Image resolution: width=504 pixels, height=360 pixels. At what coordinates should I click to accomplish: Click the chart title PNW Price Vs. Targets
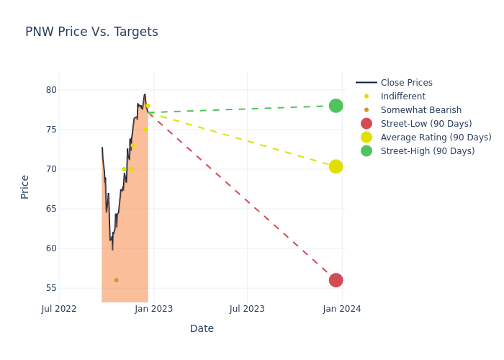[x=91, y=32]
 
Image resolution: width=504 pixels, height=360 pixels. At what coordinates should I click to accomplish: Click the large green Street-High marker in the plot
[x=336, y=106]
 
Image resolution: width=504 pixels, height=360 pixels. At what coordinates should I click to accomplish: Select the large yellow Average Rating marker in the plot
[x=336, y=166]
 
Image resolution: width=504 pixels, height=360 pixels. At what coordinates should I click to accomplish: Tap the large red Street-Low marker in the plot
[x=336, y=280]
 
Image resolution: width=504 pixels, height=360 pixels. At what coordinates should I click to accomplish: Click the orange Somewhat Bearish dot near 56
[x=116, y=280]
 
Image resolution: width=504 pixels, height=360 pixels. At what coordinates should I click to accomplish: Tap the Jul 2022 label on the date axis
[x=59, y=309]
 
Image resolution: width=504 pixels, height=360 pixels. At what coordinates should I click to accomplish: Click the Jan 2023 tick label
[x=153, y=309]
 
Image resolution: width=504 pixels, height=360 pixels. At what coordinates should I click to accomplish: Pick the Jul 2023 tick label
[x=247, y=309]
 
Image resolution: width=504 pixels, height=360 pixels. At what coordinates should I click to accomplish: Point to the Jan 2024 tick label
[x=342, y=309]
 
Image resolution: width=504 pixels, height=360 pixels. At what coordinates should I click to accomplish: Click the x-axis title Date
[x=202, y=328]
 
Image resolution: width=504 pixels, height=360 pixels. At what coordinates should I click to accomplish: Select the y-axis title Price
[x=25, y=186]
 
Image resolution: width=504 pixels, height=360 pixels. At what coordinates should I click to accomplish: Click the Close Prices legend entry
[x=406, y=83]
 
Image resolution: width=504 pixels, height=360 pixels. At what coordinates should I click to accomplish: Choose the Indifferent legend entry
[x=402, y=96]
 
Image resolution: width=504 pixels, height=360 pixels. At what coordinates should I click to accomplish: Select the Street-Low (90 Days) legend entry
[x=426, y=124]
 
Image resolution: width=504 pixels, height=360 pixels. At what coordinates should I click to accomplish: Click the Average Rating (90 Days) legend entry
[x=436, y=138]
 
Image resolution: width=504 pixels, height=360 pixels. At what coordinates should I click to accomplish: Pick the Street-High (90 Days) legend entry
[x=428, y=151]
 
